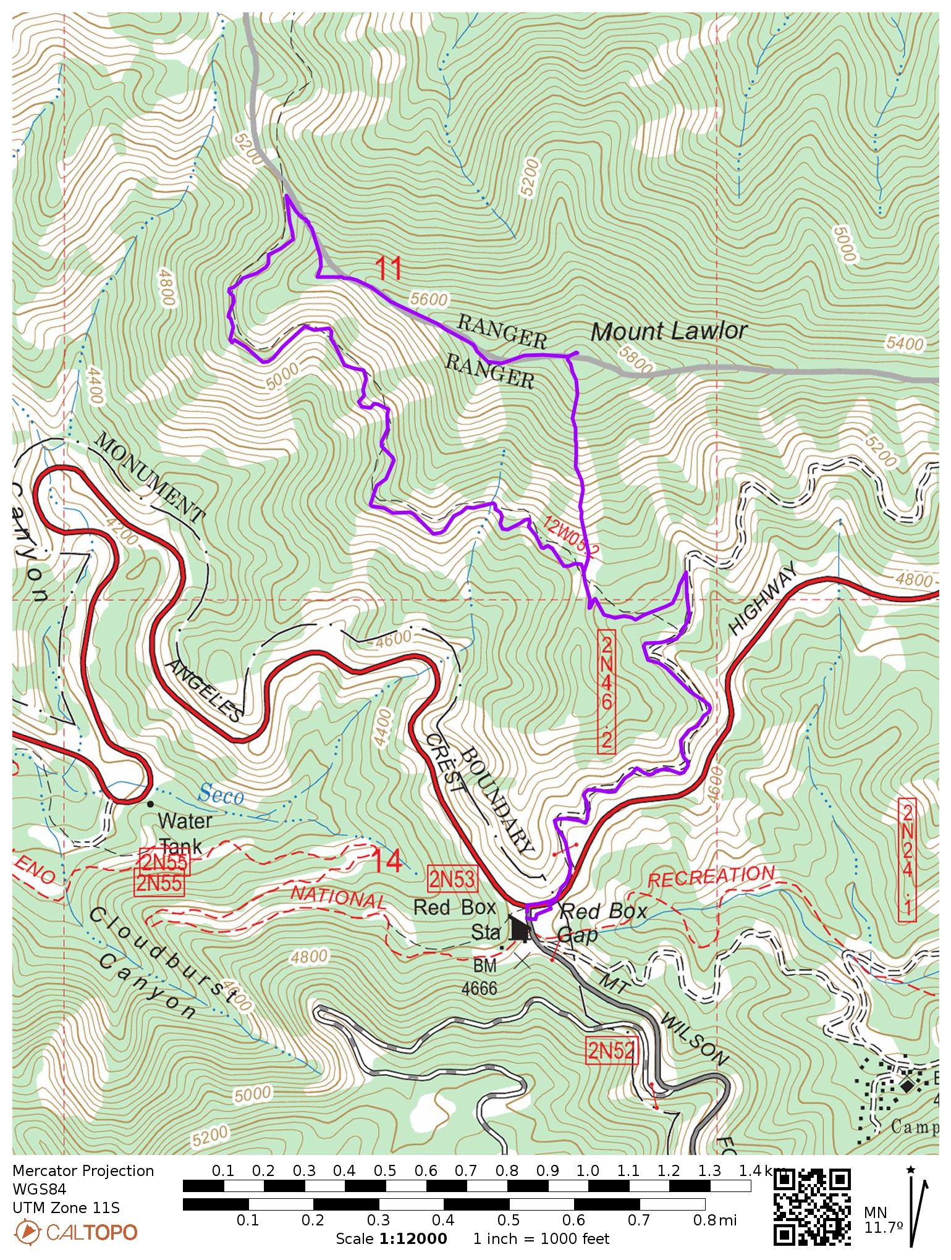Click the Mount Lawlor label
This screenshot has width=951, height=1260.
pyautogui.click(x=669, y=332)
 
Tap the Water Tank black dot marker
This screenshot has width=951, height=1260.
pyautogui.click(x=150, y=804)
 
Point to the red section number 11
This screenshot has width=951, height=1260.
pyautogui.click(x=389, y=269)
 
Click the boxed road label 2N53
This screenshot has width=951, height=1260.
pyautogui.click(x=454, y=880)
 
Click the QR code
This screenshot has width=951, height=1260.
pyautogui.click(x=812, y=1207)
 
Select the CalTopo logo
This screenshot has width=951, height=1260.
pyautogui.click(x=75, y=1233)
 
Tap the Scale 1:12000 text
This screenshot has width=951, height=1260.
pyautogui.click(x=391, y=1239)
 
